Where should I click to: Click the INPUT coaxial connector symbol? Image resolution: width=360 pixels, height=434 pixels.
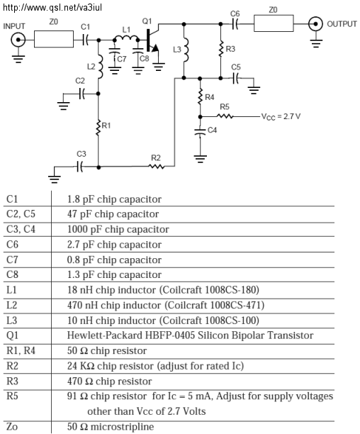[x=18, y=40]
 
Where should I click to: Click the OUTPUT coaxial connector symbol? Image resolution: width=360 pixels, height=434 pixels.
[x=315, y=24]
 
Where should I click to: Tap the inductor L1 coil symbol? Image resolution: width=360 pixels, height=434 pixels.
[x=126, y=38]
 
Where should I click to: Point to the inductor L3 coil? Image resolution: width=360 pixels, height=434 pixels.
[x=186, y=50]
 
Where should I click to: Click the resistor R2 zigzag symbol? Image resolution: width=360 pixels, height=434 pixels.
[x=157, y=167]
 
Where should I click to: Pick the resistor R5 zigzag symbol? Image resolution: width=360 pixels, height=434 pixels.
[x=225, y=116]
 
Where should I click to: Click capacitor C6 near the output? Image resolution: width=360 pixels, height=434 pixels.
[x=235, y=24]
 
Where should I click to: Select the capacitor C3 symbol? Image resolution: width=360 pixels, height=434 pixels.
[x=80, y=167]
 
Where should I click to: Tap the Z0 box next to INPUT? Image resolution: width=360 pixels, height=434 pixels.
[x=54, y=39]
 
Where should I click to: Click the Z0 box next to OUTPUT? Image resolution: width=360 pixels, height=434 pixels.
[x=274, y=23]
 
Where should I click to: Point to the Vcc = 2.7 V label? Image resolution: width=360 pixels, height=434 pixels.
[x=281, y=116]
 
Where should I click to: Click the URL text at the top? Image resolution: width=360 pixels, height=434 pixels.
[x=52, y=7]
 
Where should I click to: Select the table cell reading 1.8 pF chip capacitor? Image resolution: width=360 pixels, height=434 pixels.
[x=114, y=199]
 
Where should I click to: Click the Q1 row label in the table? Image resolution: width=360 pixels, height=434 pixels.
[x=12, y=335]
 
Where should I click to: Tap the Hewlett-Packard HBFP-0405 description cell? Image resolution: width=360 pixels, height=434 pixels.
[x=190, y=335]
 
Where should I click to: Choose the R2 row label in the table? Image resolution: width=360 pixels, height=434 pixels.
[x=12, y=366]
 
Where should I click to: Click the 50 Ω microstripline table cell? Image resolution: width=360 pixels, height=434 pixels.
[x=111, y=426]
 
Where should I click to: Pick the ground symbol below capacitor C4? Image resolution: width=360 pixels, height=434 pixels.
[x=200, y=159]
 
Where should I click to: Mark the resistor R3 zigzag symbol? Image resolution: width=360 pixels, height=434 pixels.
[x=220, y=49]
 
